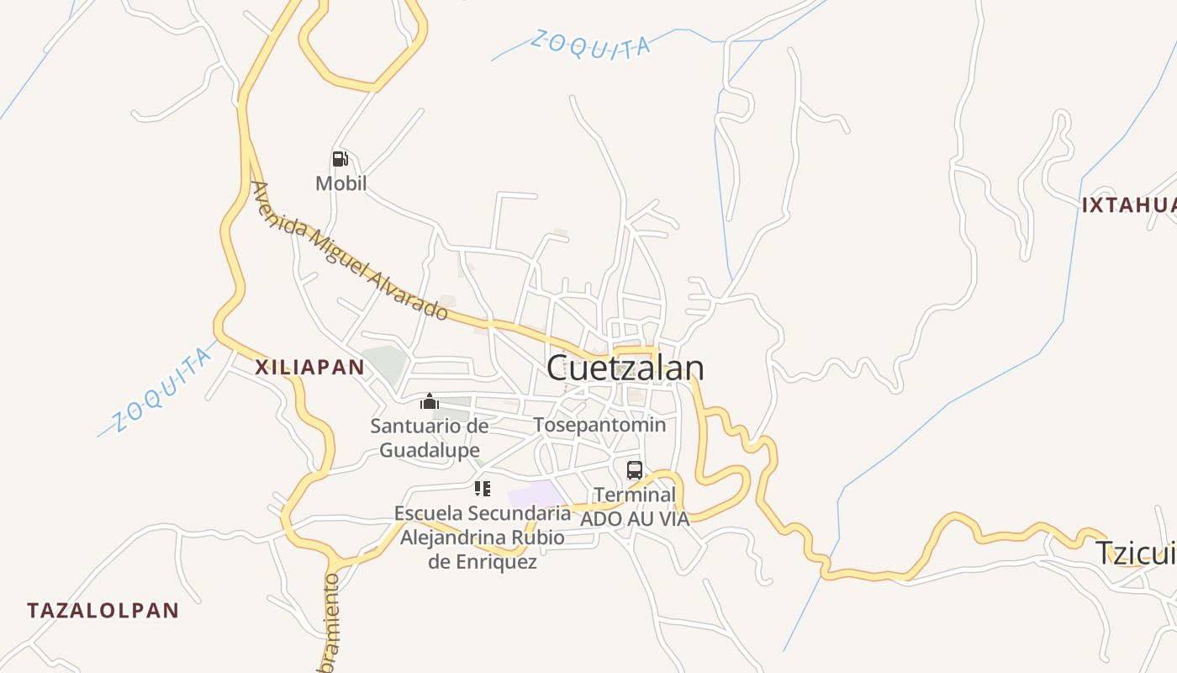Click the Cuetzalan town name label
625,368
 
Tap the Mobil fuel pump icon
340,158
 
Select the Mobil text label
340,183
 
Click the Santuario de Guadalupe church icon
430,401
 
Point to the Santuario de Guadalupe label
430,437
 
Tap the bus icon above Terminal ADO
634,469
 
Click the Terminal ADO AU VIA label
635,506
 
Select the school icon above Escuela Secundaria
482,488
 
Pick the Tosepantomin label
599,425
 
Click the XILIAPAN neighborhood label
309,367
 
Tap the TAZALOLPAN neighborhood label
103,611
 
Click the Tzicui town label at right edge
1135,554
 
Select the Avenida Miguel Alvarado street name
350,251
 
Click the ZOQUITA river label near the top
590,45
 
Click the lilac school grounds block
535,494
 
